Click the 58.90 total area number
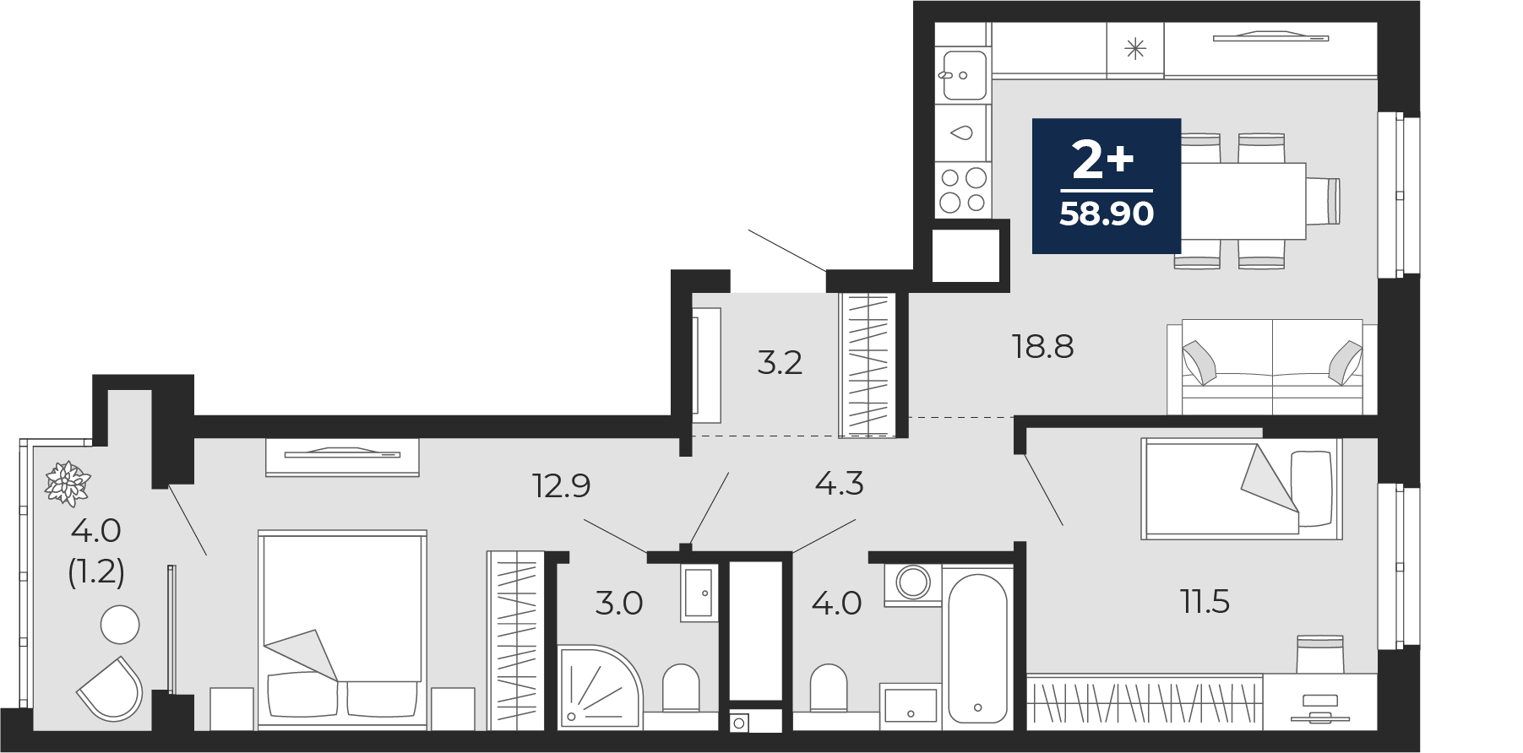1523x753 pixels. pyautogui.click(x=1107, y=214)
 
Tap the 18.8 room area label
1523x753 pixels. pyautogui.click(x=1042, y=346)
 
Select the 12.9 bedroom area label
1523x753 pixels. pyautogui.click(x=561, y=485)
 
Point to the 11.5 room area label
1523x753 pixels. pyautogui.click(x=1204, y=602)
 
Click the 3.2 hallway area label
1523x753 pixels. pyautogui.click(x=780, y=362)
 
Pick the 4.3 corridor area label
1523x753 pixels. pyautogui.click(x=839, y=484)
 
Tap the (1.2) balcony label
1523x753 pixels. pyautogui.click(x=96, y=572)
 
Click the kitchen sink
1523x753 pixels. pyautogui.click(x=962, y=75)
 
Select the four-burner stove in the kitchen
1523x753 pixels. pyautogui.click(x=962, y=190)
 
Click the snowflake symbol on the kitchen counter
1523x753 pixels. pyautogui.click(x=1135, y=49)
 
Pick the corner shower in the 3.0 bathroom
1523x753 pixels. pyautogui.click(x=600, y=687)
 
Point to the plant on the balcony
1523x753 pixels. pyautogui.click(x=68, y=484)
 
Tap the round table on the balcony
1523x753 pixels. pyautogui.click(x=120, y=626)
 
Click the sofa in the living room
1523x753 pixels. pyautogui.click(x=1272, y=367)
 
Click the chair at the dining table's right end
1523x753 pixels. pyautogui.click(x=1323, y=201)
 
